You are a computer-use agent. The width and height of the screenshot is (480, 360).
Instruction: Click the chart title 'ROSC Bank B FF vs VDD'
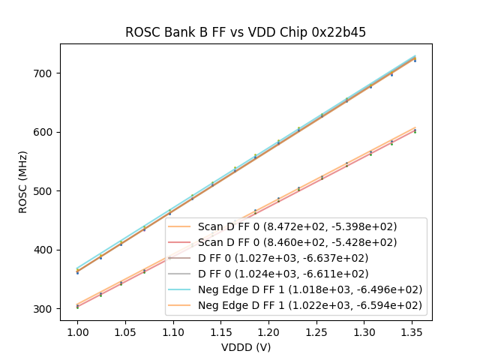coord(245,32)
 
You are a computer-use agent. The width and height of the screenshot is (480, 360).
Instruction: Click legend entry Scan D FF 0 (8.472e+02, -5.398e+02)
coord(297,226)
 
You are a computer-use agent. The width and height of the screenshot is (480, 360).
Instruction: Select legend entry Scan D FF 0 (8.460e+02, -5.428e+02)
coord(297,242)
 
